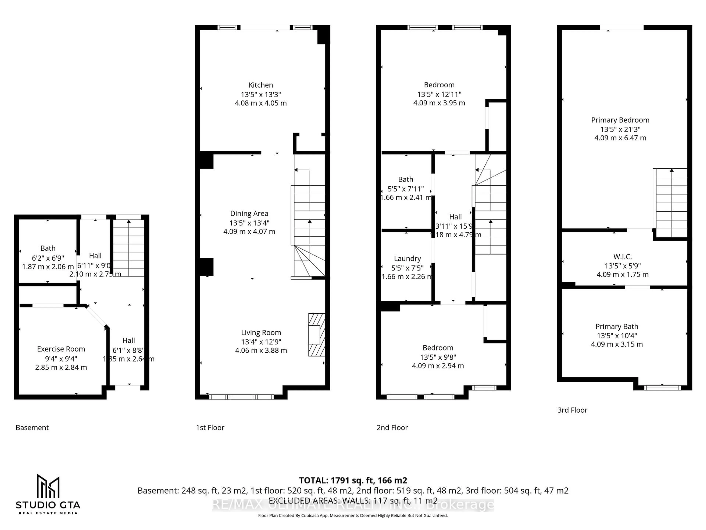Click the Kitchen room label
pyautogui.click(x=261, y=85)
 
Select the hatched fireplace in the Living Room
pyautogui.click(x=316, y=335)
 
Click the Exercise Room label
pyautogui.click(x=61, y=349)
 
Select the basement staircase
pyautogui.click(x=129, y=248)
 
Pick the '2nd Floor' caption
pyautogui.click(x=392, y=427)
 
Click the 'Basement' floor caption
pyautogui.click(x=32, y=427)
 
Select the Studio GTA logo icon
pyautogui.click(x=48, y=486)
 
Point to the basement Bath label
pyautogui.click(x=48, y=248)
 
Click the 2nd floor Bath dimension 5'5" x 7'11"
pyautogui.click(x=405, y=189)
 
